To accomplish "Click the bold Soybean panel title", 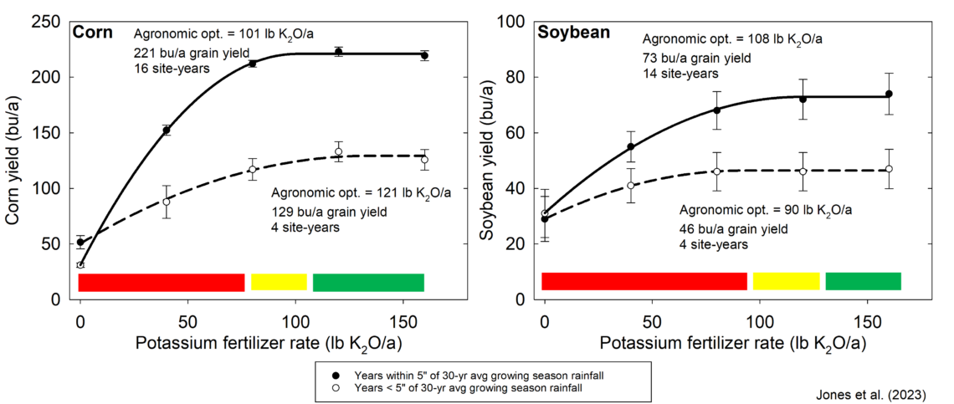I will click(573, 33).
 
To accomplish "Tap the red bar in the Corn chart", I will click(162, 283).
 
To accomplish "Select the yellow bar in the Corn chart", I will click(279, 283).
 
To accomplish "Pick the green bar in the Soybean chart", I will click(863, 281).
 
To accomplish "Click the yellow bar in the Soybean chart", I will click(786, 281).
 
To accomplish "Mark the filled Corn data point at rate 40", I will click(167, 130).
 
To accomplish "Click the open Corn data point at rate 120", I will click(338, 151).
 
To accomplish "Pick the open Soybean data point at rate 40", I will click(631, 186).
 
